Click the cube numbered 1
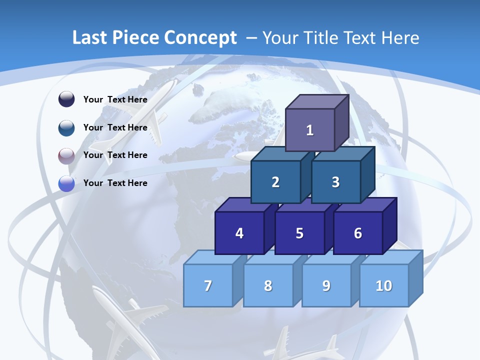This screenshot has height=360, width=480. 310,130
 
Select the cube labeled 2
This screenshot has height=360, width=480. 275,182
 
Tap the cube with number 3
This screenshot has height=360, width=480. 335,182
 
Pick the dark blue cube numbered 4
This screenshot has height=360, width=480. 239,233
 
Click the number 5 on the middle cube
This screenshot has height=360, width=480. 299,233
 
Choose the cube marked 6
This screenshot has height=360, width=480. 358,233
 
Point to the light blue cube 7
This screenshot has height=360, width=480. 208,285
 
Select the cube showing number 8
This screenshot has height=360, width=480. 268,285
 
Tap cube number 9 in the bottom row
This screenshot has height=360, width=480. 326,285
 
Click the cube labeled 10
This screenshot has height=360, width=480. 384,285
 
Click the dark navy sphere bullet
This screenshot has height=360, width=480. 66,99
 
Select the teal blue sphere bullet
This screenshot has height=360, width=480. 66,127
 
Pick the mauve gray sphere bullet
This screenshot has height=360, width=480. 66,155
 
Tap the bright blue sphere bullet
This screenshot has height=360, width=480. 66,183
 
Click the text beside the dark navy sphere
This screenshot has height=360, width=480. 115,99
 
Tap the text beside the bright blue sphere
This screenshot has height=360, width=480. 115,183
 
